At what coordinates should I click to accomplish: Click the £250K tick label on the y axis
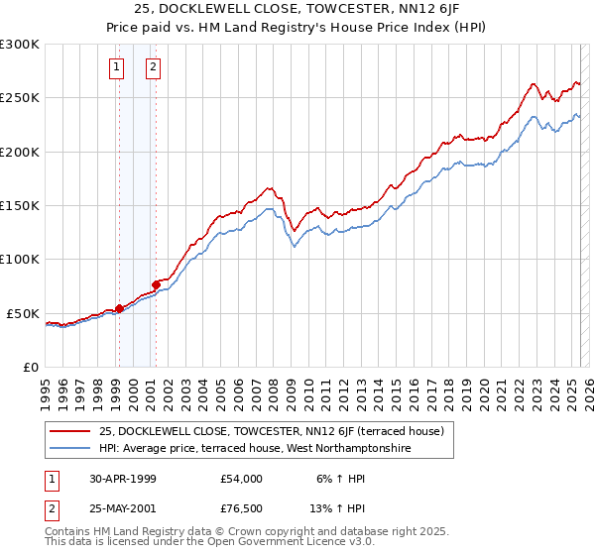pos(20,98)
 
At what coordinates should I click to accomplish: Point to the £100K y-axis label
pos(20,260)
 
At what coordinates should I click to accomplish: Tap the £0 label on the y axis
pos(31,367)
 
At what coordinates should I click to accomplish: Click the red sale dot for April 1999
pos(119,308)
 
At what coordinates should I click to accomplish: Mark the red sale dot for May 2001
pos(156,284)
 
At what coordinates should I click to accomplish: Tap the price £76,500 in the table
pos(242,508)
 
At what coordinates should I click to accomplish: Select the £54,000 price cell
pos(242,479)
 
